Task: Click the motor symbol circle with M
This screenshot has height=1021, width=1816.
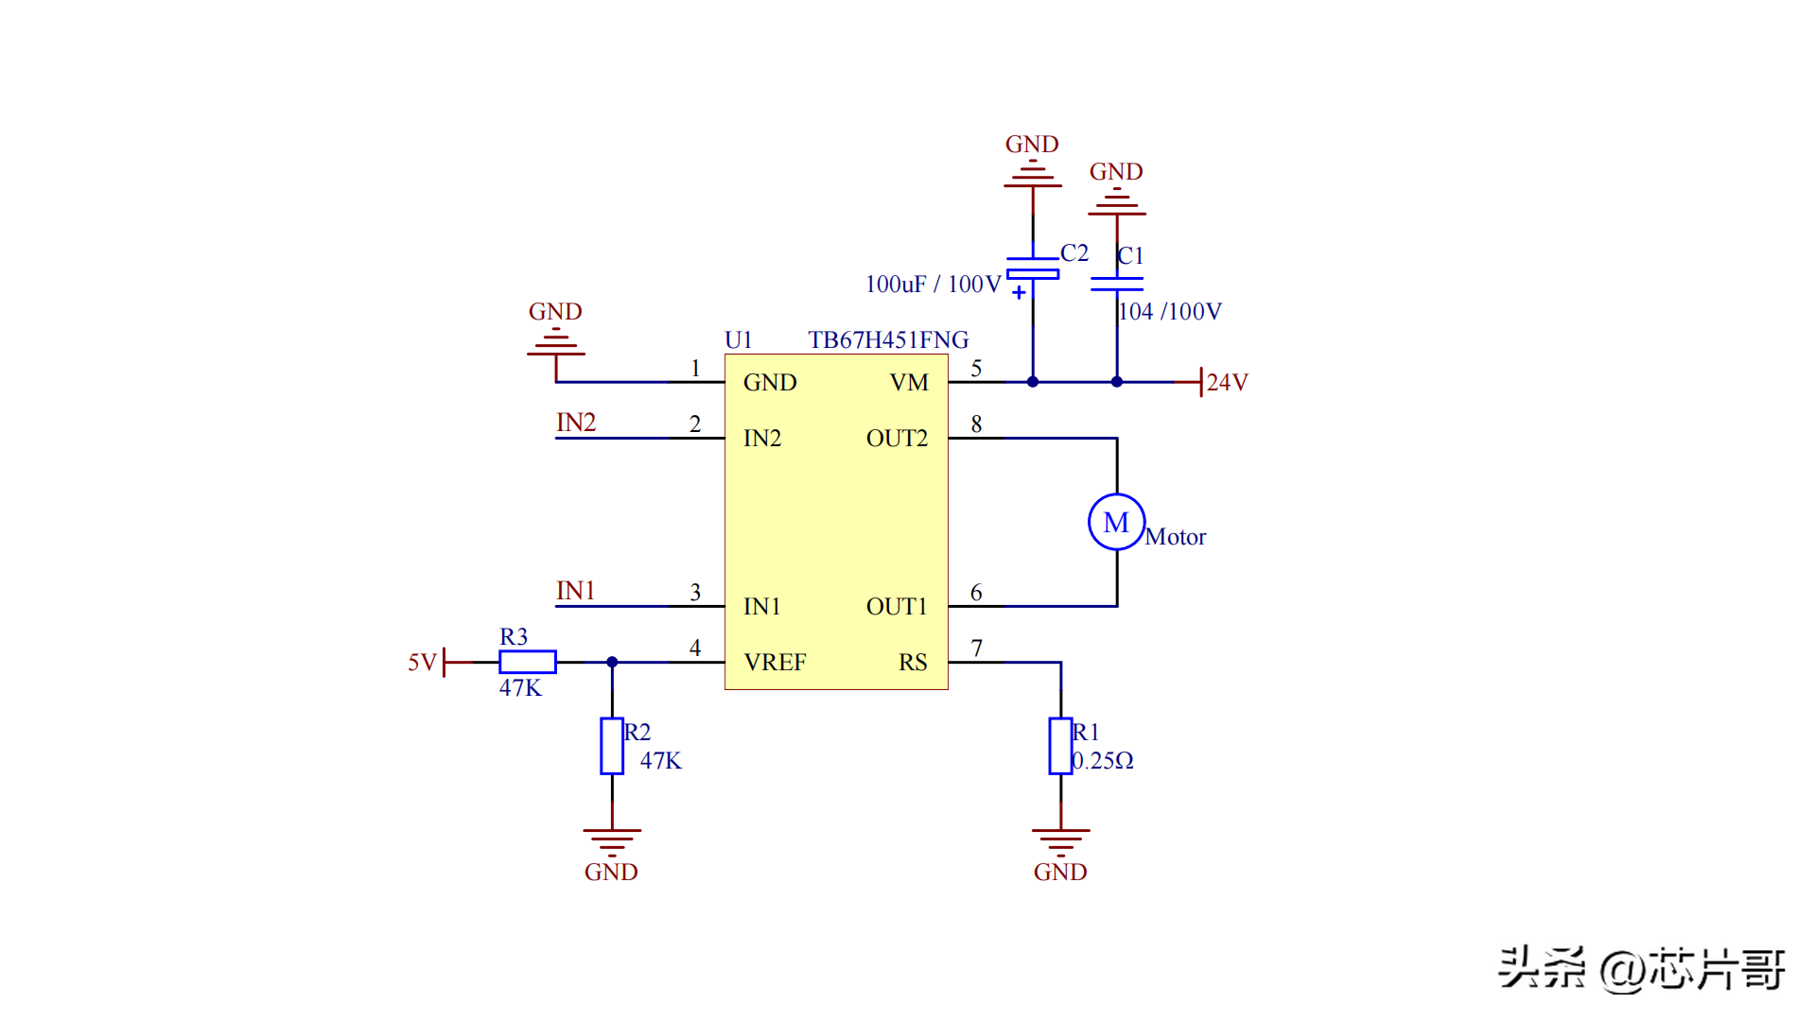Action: coord(1116,522)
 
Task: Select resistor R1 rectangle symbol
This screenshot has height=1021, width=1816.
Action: coord(1060,746)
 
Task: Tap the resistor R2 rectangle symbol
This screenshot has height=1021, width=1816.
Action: coord(612,746)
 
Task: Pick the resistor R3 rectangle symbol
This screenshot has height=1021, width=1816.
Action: coord(528,662)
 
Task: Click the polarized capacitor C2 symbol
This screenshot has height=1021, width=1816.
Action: coord(1033,268)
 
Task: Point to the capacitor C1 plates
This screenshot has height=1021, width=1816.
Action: coord(1117,283)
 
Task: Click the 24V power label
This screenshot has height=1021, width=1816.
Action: coord(1227,382)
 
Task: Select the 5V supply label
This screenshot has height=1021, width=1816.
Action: coord(422,662)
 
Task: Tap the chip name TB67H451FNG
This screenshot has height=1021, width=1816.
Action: coord(888,339)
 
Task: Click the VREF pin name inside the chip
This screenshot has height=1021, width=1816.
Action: coord(775,662)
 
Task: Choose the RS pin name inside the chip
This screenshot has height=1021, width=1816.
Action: coord(913,662)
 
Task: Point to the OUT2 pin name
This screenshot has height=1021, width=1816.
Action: coord(897,438)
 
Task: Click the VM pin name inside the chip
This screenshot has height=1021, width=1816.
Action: coord(909,382)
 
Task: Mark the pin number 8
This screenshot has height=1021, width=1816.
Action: coord(976,424)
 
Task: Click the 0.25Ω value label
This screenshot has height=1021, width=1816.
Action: coord(1103,760)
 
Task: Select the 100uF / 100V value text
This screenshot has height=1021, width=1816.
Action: coord(933,284)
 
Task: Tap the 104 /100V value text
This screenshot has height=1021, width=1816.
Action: coord(1170,311)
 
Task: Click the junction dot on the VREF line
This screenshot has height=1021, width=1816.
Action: coord(612,662)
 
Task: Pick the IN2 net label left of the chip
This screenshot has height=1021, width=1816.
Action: coord(576,422)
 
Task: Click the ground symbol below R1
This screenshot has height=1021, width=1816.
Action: coord(1060,839)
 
